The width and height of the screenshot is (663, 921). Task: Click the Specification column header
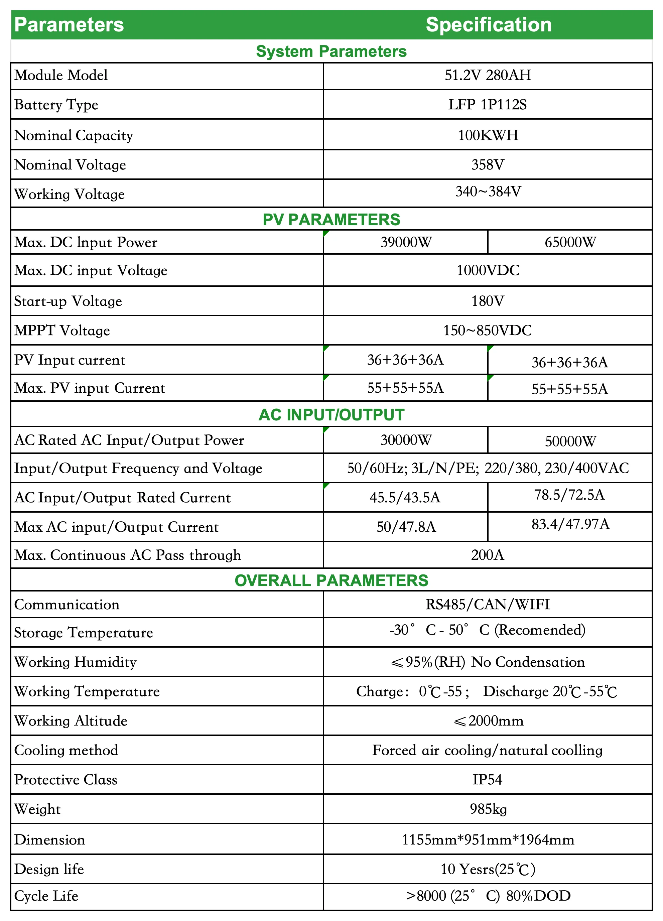(489, 25)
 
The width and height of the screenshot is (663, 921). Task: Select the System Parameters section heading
(331, 51)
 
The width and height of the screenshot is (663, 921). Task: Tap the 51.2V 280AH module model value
(488, 75)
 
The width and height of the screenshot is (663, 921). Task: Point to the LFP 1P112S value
(488, 105)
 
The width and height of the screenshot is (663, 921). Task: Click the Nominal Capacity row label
(74, 135)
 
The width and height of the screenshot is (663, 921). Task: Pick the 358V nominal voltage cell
(488, 164)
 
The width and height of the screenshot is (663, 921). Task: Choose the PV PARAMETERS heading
(331, 219)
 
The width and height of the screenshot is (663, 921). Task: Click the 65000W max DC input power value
(570, 242)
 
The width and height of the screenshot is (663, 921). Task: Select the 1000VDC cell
(488, 270)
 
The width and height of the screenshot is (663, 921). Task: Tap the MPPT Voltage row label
(62, 331)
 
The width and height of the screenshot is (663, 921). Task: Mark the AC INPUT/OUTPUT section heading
(331, 415)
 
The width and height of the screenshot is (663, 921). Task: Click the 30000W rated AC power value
(406, 440)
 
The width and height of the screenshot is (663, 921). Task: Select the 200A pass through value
(488, 555)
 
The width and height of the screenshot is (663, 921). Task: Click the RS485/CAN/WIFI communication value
(488, 605)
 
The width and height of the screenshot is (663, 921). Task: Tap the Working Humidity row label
(76, 662)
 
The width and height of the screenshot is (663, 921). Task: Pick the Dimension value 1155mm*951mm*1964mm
(488, 840)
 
